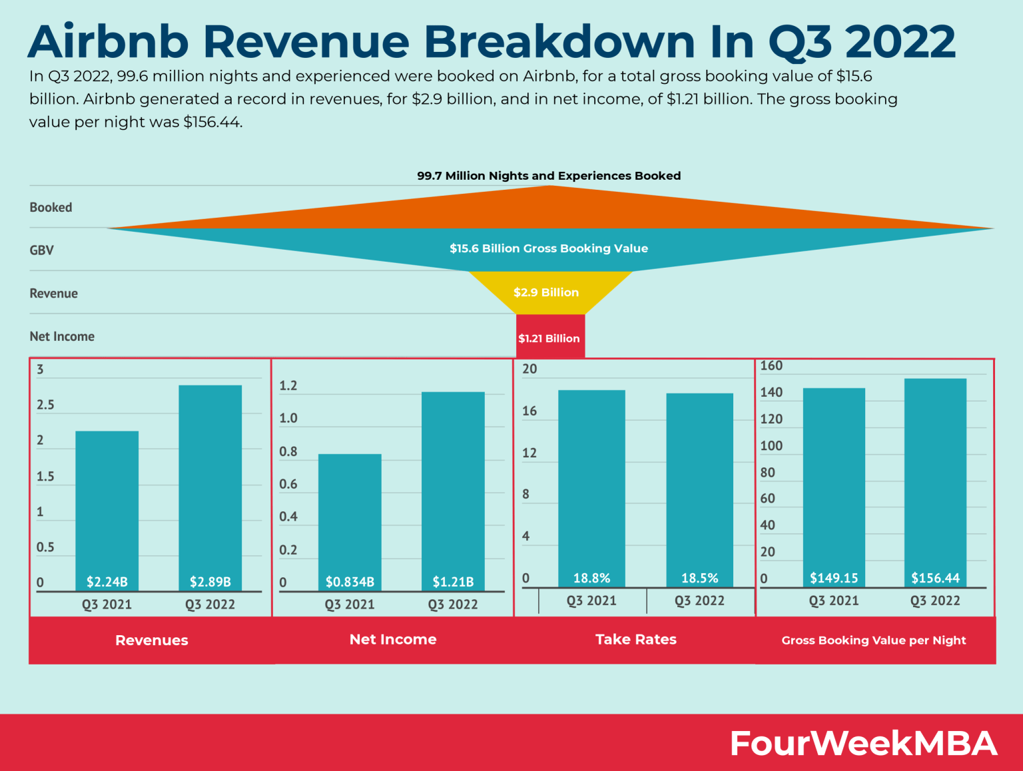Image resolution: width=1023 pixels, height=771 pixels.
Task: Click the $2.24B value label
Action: (107, 582)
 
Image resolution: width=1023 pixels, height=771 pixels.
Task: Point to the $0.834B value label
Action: (350, 582)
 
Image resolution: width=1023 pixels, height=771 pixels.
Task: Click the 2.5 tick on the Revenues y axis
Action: (45, 405)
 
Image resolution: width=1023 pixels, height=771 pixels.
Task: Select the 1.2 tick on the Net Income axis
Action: (288, 386)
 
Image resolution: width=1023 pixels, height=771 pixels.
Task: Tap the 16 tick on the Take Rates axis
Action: (529, 411)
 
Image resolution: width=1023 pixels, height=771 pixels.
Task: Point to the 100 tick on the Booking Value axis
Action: (771, 446)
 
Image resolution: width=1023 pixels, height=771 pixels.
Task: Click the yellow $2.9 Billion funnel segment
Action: (546, 292)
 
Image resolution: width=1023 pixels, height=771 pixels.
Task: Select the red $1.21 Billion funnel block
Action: (549, 338)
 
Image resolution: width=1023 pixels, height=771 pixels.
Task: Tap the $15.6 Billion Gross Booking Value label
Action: (549, 248)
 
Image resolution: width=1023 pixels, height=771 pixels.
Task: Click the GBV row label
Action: (42, 250)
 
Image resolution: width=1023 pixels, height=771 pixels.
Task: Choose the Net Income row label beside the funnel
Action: (62, 337)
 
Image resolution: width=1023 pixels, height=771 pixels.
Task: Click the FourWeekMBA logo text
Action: (863, 743)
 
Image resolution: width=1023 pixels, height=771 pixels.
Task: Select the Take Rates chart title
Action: (636, 640)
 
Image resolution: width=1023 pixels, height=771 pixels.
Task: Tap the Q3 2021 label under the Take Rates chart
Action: (591, 601)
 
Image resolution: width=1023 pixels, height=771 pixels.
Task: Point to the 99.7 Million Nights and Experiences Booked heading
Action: (549, 176)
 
